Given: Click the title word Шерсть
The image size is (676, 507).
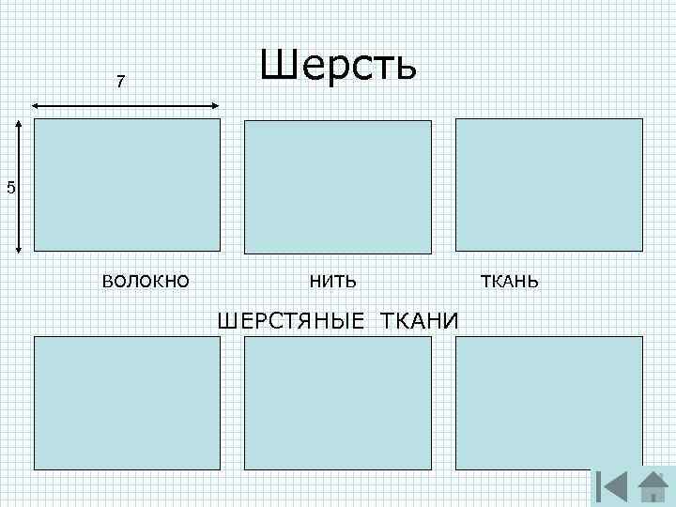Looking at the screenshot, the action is (338, 66).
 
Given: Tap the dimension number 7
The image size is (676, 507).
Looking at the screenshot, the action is (120, 83).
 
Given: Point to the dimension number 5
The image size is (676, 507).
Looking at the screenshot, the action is (10, 189).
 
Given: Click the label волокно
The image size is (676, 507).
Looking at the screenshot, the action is (146, 280).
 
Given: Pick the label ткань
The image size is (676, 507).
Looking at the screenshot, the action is (510, 280).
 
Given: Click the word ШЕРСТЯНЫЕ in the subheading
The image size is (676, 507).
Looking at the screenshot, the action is (293, 322).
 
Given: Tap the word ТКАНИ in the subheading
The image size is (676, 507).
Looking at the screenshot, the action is (420, 322).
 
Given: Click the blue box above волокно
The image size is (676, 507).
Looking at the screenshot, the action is (127, 185).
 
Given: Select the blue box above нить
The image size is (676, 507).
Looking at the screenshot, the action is (338, 185).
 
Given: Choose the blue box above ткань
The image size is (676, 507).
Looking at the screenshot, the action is (549, 185).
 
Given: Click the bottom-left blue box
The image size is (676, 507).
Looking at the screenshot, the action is (127, 402).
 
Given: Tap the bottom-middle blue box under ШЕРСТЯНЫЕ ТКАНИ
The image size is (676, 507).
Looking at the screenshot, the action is (338, 402).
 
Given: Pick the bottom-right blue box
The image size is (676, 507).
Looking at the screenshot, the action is (549, 402).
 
